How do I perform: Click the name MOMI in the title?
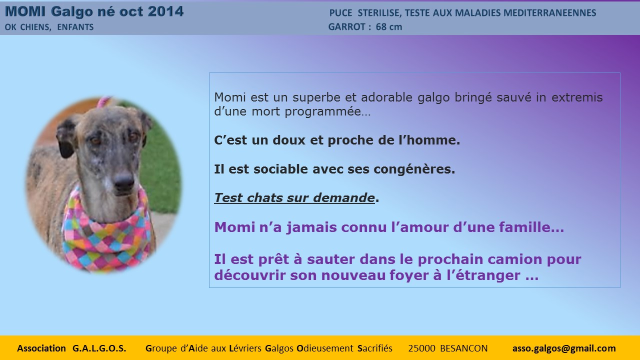click(25, 11)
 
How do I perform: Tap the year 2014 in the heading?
click(165, 11)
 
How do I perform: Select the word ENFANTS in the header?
click(75, 27)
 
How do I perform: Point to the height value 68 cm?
click(389, 26)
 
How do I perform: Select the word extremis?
click(577, 97)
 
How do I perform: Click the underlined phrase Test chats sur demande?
click(294, 197)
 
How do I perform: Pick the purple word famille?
click(531, 227)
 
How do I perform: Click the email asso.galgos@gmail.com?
click(564, 348)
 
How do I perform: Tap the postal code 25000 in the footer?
click(421, 348)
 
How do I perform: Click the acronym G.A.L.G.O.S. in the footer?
click(99, 348)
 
